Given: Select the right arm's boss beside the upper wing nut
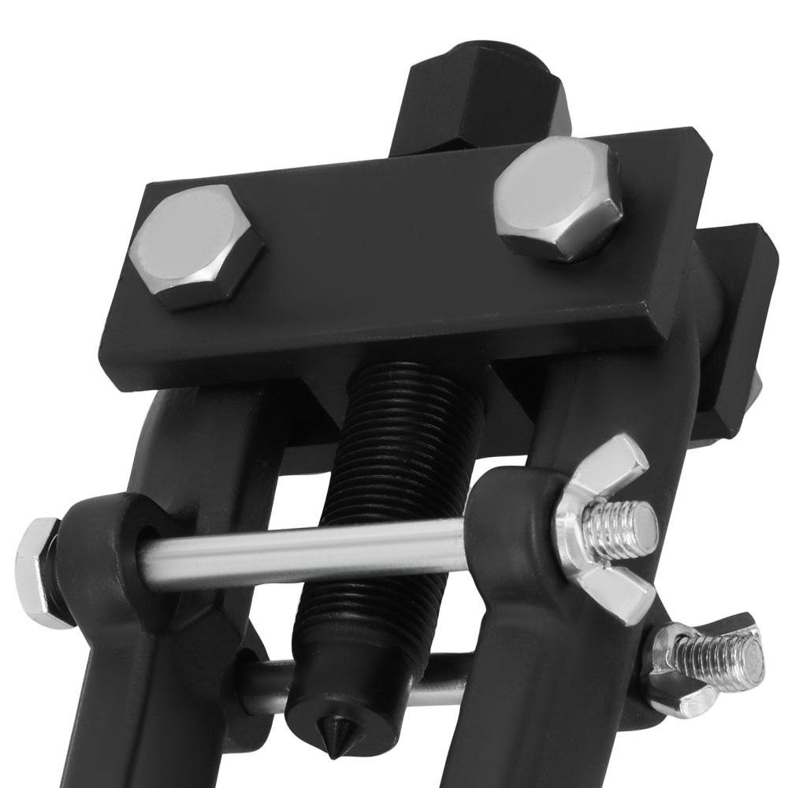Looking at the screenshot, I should pos(512,512).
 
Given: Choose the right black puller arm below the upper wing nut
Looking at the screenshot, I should pos(552,693).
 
